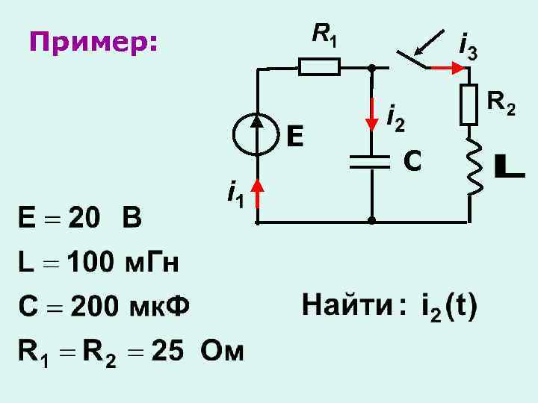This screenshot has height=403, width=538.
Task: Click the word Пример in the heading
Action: coord(93,43)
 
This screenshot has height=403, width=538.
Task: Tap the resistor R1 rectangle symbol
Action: coord(320,67)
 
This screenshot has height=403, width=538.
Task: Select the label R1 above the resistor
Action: coord(324,34)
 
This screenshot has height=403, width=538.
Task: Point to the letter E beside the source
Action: coord(294,136)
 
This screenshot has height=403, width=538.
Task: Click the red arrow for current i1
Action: coord(257,192)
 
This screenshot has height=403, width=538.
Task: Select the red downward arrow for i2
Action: coord(371,112)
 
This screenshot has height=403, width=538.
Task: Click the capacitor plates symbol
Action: coord(371,160)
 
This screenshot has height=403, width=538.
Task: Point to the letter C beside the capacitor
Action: coord(412,159)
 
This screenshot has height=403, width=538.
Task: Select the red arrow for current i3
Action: coord(447,67)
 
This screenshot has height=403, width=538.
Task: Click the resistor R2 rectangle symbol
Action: coord(469,104)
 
